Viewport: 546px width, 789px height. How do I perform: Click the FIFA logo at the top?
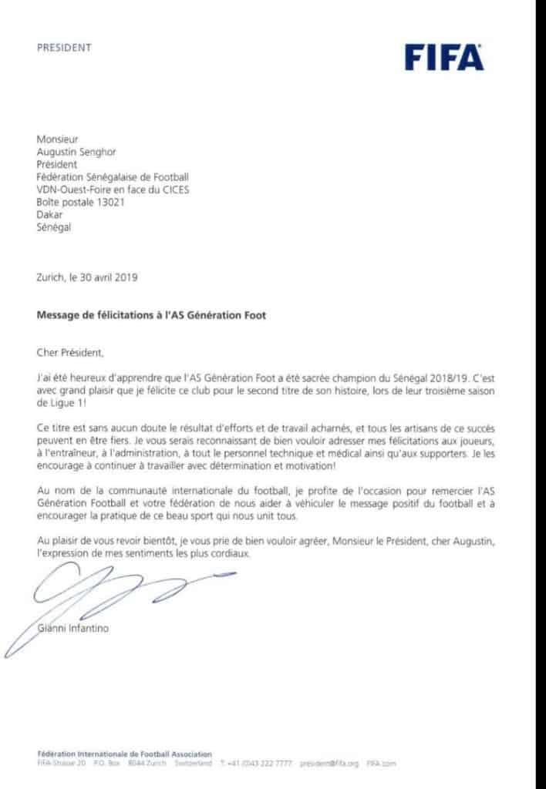click(444, 58)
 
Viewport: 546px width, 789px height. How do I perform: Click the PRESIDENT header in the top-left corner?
click(64, 48)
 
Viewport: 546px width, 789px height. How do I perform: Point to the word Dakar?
click(49, 214)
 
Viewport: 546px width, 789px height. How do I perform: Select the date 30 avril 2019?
click(109, 277)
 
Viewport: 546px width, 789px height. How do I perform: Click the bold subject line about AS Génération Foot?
click(151, 315)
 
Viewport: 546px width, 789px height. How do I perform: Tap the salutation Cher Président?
click(69, 353)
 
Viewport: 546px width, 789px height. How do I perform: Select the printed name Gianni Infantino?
click(73, 628)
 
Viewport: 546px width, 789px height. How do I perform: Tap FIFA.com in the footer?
click(381, 764)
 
